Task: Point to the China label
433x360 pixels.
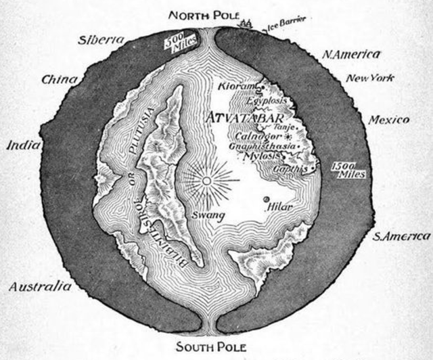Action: coord(60,80)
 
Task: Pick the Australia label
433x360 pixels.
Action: coord(40,286)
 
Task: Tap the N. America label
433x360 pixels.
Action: coord(350,54)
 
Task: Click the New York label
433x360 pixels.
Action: coord(370,78)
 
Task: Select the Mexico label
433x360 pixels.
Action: coord(388,120)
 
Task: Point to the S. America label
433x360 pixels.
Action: coord(401,236)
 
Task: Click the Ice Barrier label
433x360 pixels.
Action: coord(283,26)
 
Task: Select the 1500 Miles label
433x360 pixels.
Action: coord(349,170)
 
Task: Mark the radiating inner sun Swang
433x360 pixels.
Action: coord(207,180)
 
